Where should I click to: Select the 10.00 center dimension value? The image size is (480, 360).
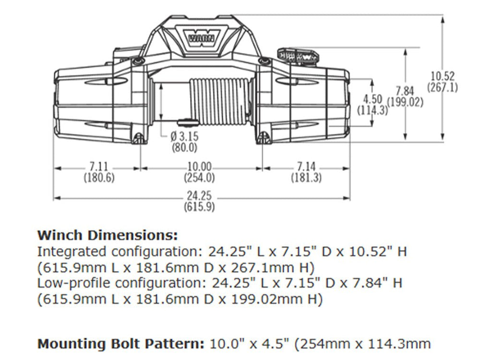click(199, 167)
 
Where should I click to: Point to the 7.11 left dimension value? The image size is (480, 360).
click(99, 167)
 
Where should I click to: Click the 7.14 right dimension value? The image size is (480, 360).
click(306, 167)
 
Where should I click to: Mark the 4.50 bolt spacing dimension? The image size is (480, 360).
click(372, 99)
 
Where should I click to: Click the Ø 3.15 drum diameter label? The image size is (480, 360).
click(184, 137)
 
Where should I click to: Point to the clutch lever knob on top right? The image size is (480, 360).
click(298, 55)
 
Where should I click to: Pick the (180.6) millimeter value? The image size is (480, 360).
click(99, 177)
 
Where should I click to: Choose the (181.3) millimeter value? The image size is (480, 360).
click(306, 177)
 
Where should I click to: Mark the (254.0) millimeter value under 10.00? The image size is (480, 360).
click(199, 177)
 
